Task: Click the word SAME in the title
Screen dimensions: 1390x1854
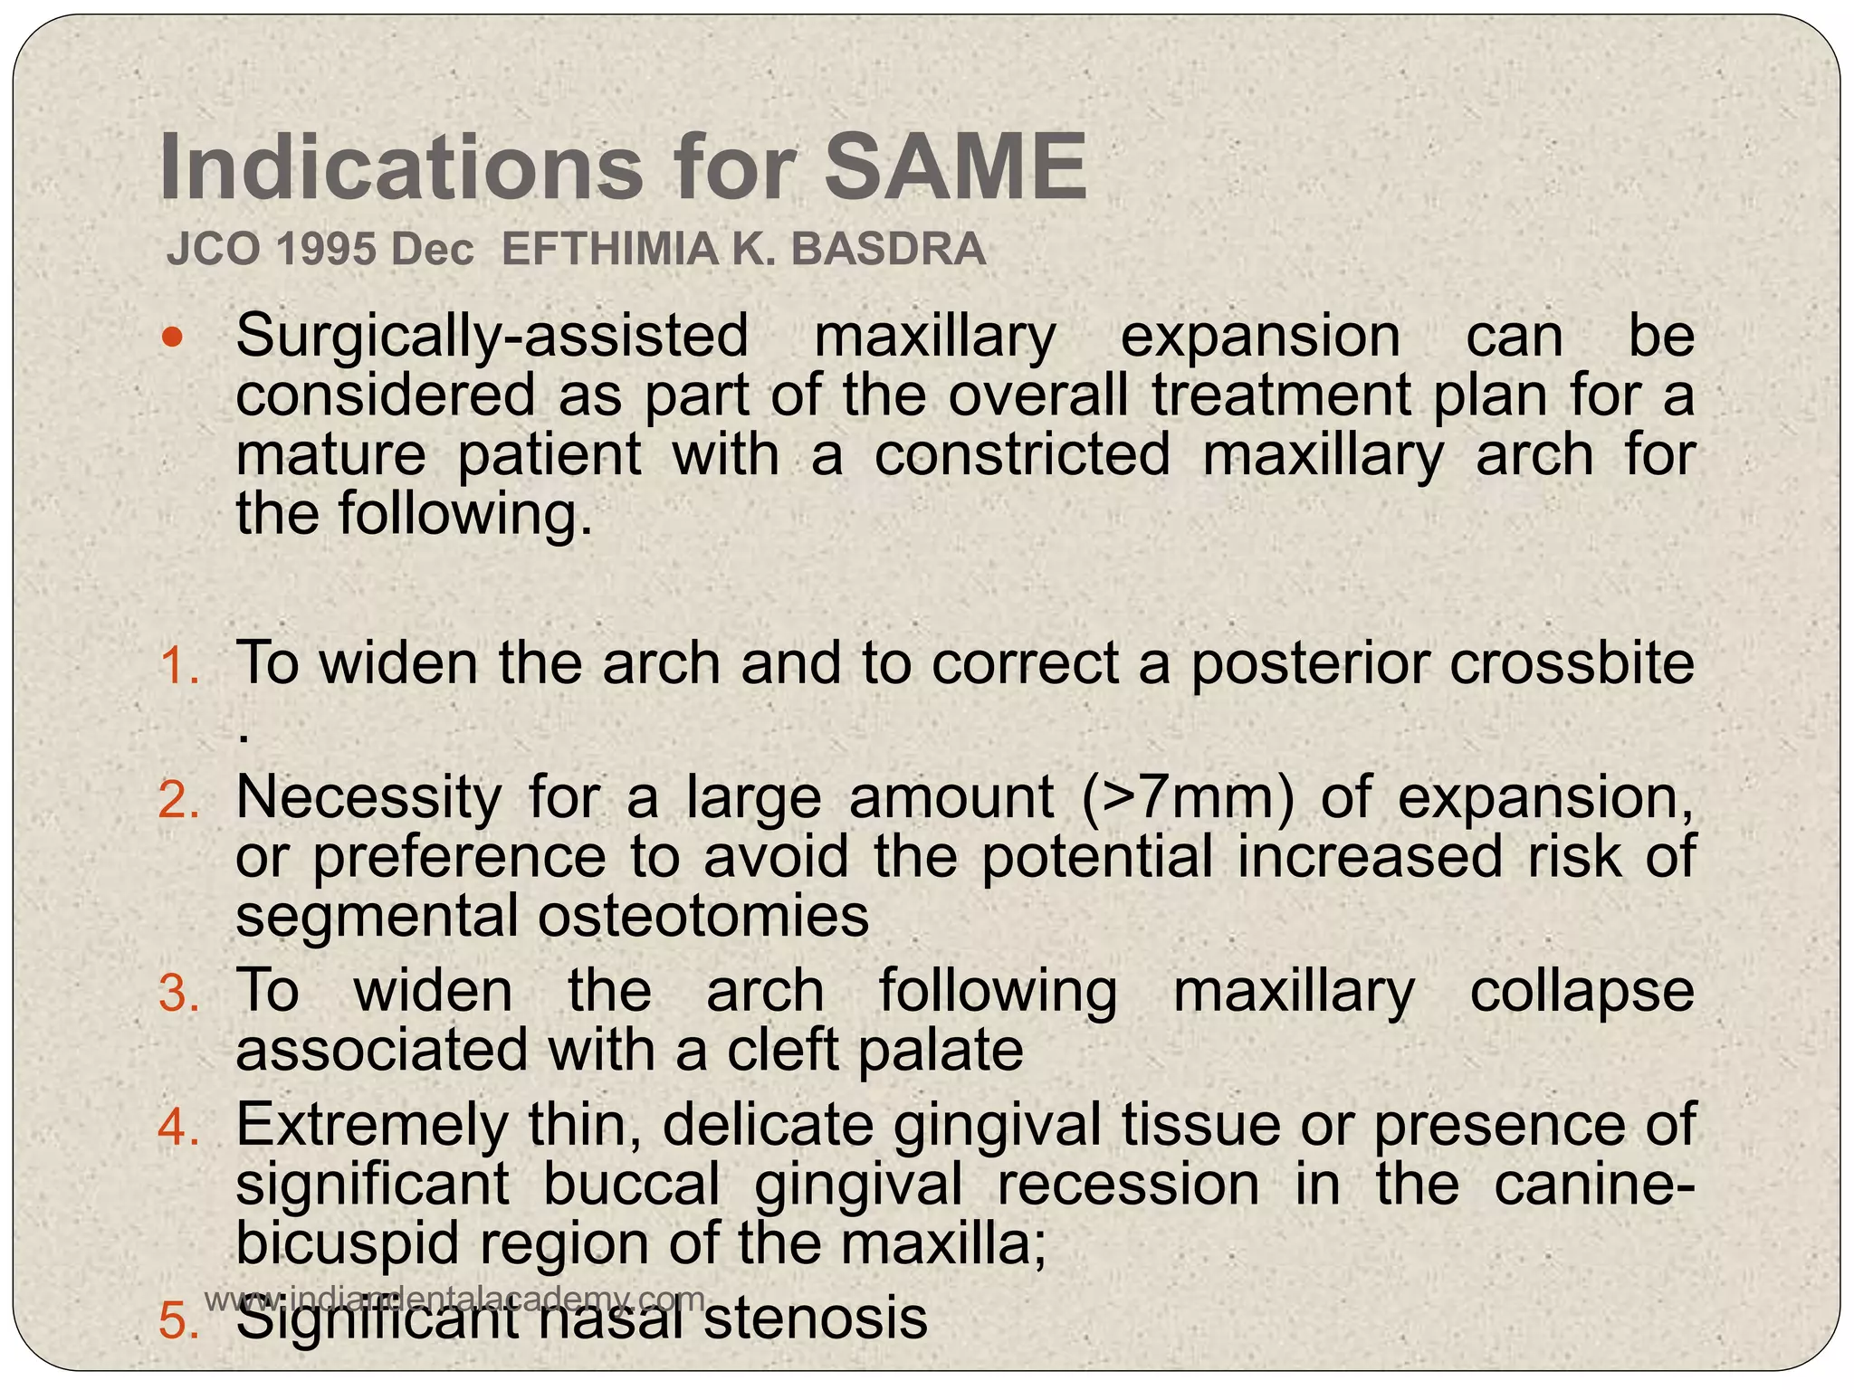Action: [x=954, y=167]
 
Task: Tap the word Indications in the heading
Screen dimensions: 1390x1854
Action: [x=397, y=167]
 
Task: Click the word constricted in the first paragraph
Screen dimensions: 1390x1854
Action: [x=1022, y=454]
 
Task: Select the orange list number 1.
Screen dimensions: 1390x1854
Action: [x=178, y=666]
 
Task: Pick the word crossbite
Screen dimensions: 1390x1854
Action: [x=1572, y=663]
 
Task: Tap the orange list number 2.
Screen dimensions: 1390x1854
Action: [x=178, y=800]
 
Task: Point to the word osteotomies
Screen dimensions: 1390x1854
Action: [x=703, y=916]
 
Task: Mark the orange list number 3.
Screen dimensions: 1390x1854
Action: [x=178, y=994]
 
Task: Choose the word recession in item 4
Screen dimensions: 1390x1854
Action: [x=1128, y=1185]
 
